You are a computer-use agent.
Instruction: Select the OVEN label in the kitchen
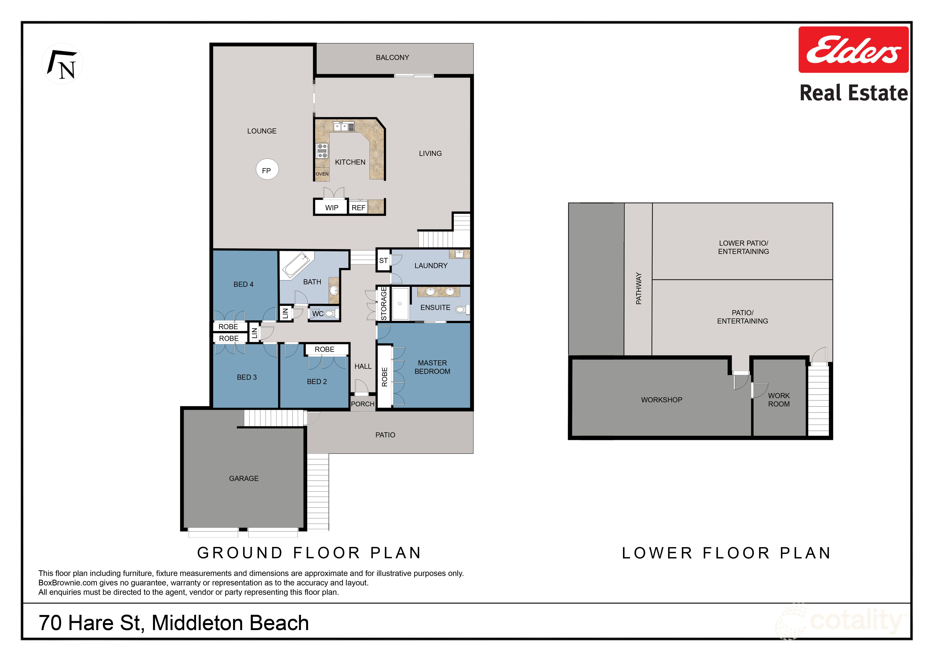pyautogui.click(x=322, y=174)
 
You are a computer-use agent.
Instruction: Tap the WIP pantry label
pyautogui.click(x=332, y=208)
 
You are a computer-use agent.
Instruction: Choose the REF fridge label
pyautogui.click(x=358, y=208)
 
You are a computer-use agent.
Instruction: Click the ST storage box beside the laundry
pyautogui.click(x=383, y=261)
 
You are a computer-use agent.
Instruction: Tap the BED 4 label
pyautogui.click(x=243, y=284)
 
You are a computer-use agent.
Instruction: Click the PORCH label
pyautogui.click(x=362, y=404)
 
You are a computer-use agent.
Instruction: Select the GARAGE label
pyautogui.click(x=244, y=478)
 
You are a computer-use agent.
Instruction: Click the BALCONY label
pyautogui.click(x=392, y=57)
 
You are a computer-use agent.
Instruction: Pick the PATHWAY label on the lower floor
pyautogui.click(x=638, y=288)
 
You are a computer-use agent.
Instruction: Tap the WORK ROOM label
pyautogui.click(x=779, y=400)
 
